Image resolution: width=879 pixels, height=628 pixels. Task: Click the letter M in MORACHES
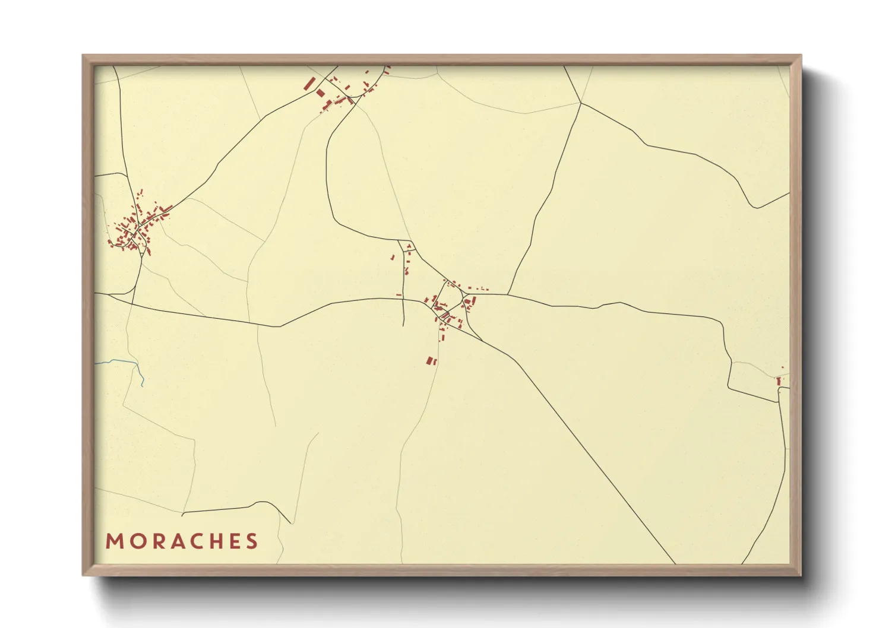(114, 541)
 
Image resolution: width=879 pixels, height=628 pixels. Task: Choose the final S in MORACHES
(252, 541)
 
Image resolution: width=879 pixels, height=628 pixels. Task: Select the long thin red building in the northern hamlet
(308, 84)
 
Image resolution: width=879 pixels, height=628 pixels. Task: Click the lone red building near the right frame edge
(779, 381)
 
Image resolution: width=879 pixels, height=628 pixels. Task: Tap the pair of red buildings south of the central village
(431, 360)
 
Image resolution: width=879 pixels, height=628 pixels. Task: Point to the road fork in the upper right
(580, 103)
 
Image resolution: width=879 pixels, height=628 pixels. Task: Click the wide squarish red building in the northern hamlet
(321, 93)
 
